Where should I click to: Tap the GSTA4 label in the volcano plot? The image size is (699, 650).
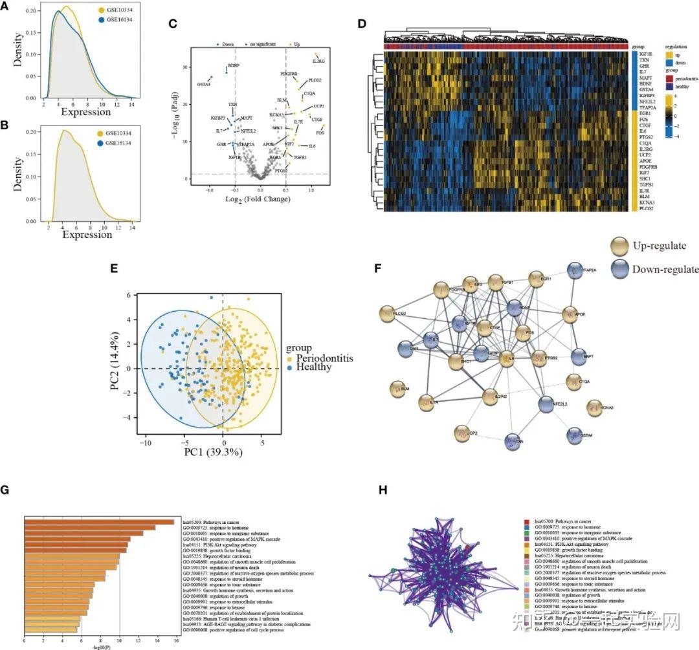pos(204,84)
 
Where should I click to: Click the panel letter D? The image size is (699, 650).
pos(362,23)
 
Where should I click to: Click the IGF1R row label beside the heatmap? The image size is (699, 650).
pos(647,54)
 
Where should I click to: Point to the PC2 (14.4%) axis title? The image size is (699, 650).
pos(115,368)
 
